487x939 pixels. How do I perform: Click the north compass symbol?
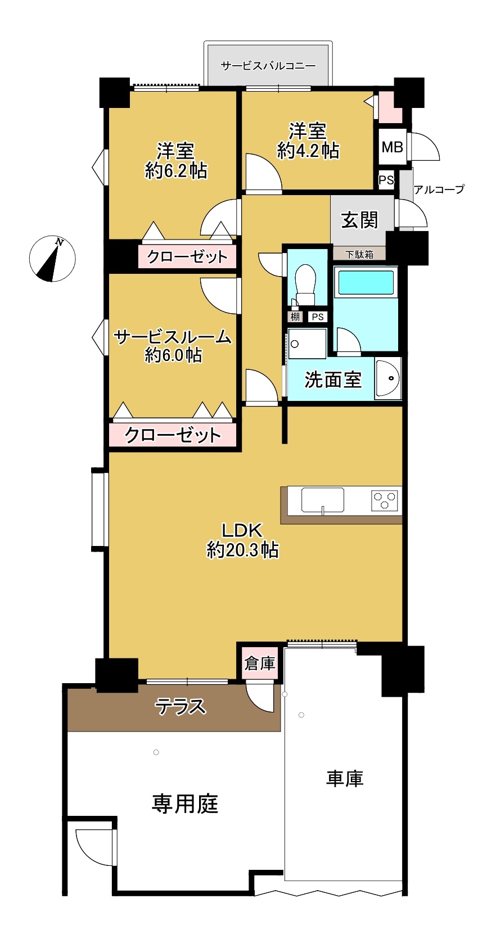(52, 258)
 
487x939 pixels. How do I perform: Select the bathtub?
(366, 282)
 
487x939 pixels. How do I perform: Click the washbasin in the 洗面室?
(388, 378)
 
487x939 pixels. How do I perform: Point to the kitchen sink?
(322, 500)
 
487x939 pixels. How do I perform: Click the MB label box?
(393, 147)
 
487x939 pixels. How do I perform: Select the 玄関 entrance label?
(359, 220)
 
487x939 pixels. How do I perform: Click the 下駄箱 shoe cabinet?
(359, 254)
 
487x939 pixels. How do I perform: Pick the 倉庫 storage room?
(259, 663)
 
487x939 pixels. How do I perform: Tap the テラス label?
(181, 706)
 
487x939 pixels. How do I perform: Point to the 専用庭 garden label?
(185, 803)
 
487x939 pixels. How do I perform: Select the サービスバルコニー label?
(268, 66)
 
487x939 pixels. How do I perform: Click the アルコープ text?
(439, 189)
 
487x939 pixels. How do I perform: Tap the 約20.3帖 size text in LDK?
(243, 549)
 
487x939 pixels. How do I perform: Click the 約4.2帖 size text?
(308, 151)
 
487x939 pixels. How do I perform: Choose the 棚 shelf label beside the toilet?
(295, 317)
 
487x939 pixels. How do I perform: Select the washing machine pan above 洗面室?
(307, 344)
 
